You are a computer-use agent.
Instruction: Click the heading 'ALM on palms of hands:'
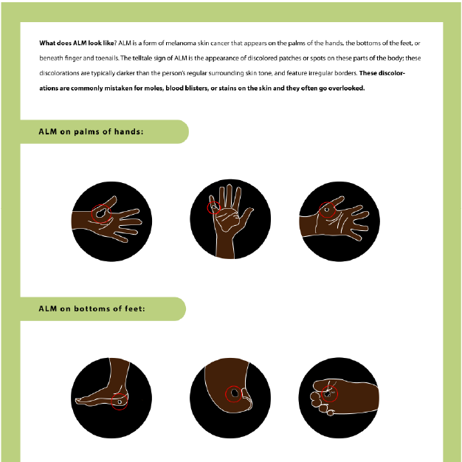point(91,132)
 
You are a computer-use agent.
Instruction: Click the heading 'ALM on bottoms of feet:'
point(92,308)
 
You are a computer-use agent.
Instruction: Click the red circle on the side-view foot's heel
point(120,401)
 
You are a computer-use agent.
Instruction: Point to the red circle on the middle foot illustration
point(234,394)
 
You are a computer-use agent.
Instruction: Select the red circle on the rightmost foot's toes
point(329,394)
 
